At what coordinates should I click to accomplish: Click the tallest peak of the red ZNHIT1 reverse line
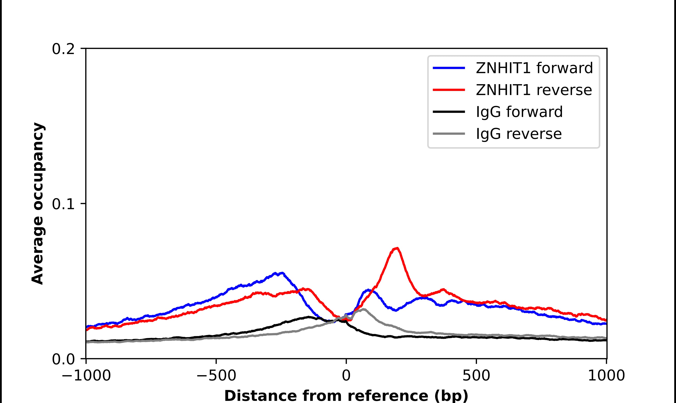click(397, 248)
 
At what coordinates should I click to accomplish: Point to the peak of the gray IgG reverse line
click(363, 309)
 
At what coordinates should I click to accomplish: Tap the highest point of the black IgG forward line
click(309, 317)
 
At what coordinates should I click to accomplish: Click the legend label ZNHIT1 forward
click(534, 68)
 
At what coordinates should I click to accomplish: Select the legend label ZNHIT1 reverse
click(534, 90)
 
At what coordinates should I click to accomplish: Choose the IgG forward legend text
click(519, 112)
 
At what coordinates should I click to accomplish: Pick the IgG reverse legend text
click(518, 134)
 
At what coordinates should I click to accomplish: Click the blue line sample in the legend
click(449, 68)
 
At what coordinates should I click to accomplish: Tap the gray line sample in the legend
click(449, 134)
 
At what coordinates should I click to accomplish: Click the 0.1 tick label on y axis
click(63, 204)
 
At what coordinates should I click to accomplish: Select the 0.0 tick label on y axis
click(63, 359)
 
